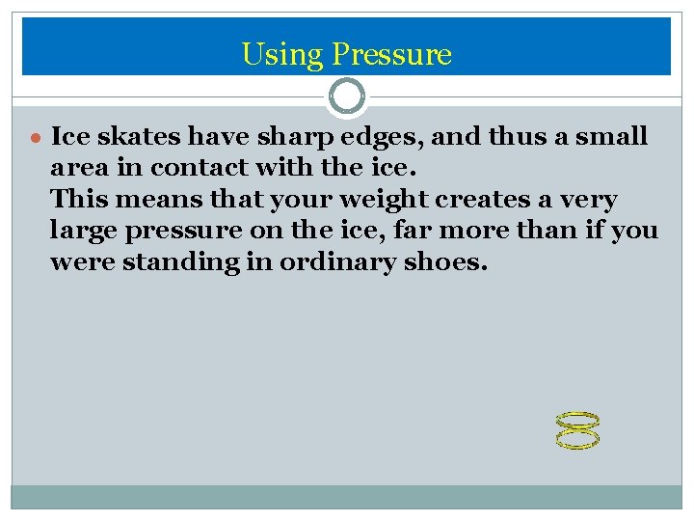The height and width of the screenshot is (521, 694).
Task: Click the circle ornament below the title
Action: click(347, 96)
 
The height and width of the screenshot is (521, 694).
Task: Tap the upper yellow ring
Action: click(578, 421)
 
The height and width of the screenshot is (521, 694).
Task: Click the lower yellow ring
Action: click(578, 440)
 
